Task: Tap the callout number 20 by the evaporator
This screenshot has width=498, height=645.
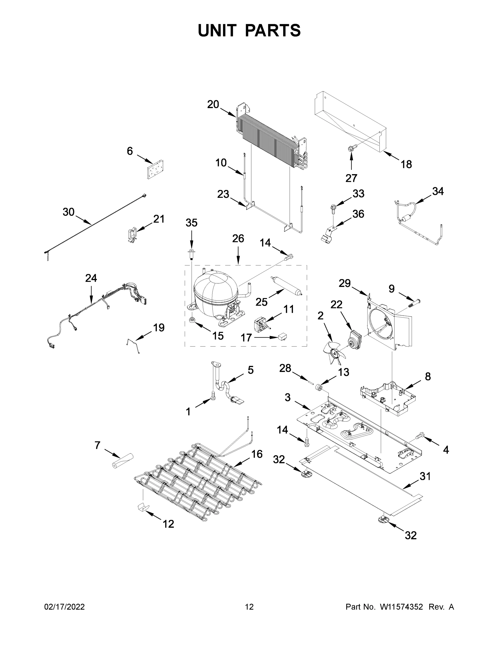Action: (x=213, y=104)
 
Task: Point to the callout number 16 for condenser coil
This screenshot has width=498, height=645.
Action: (x=257, y=454)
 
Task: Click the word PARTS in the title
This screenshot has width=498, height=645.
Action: (x=273, y=30)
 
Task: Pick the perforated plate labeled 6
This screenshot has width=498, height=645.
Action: (x=155, y=169)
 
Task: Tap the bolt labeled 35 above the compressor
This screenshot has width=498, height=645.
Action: (x=191, y=253)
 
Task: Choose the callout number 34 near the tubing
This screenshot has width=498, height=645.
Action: (x=438, y=191)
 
